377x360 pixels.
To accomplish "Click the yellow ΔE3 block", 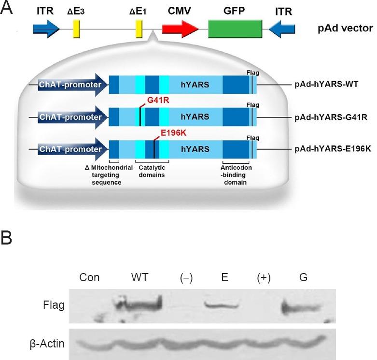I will tap(76, 29).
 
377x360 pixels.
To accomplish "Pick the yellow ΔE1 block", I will tap(139, 29).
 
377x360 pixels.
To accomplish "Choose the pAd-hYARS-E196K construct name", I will tap(333, 148).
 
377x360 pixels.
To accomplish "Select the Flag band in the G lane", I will tap(300, 307).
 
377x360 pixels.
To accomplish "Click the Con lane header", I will tap(90, 277).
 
